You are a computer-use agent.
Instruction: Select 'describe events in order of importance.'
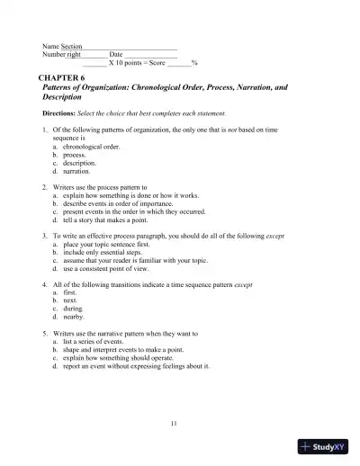(121, 203)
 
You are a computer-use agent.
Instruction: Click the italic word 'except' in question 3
(275, 236)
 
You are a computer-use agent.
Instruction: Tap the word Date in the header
(116, 55)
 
